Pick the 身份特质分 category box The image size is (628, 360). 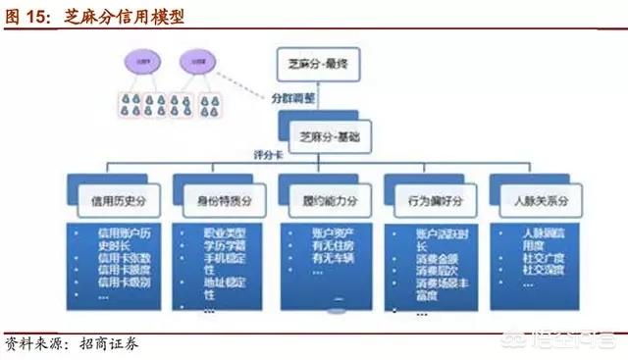pos(216,200)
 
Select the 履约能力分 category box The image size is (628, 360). pos(323,200)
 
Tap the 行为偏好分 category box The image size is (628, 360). pos(429,200)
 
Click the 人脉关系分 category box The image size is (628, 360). pos(534,200)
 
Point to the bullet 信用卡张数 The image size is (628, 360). pos(123,257)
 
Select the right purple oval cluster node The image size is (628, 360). pos(193,60)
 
